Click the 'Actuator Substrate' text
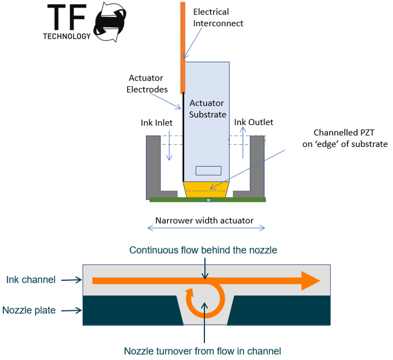tap(207, 109)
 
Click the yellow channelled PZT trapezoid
tap(207, 190)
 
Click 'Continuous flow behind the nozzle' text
tap(203, 250)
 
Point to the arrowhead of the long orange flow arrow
tap(309, 280)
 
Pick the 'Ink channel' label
tap(31, 280)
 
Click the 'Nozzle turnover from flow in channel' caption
tap(203, 351)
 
